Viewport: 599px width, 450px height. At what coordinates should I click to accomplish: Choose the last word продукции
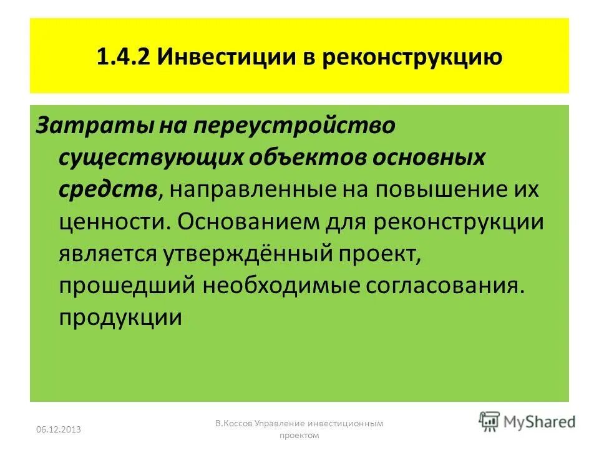click(x=120, y=317)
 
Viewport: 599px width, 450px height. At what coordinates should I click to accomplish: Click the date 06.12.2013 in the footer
click(x=59, y=429)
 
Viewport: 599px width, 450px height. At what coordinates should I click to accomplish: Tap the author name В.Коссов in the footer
click(x=236, y=423)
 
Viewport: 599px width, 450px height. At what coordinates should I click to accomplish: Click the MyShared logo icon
click(x=490, y=420)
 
